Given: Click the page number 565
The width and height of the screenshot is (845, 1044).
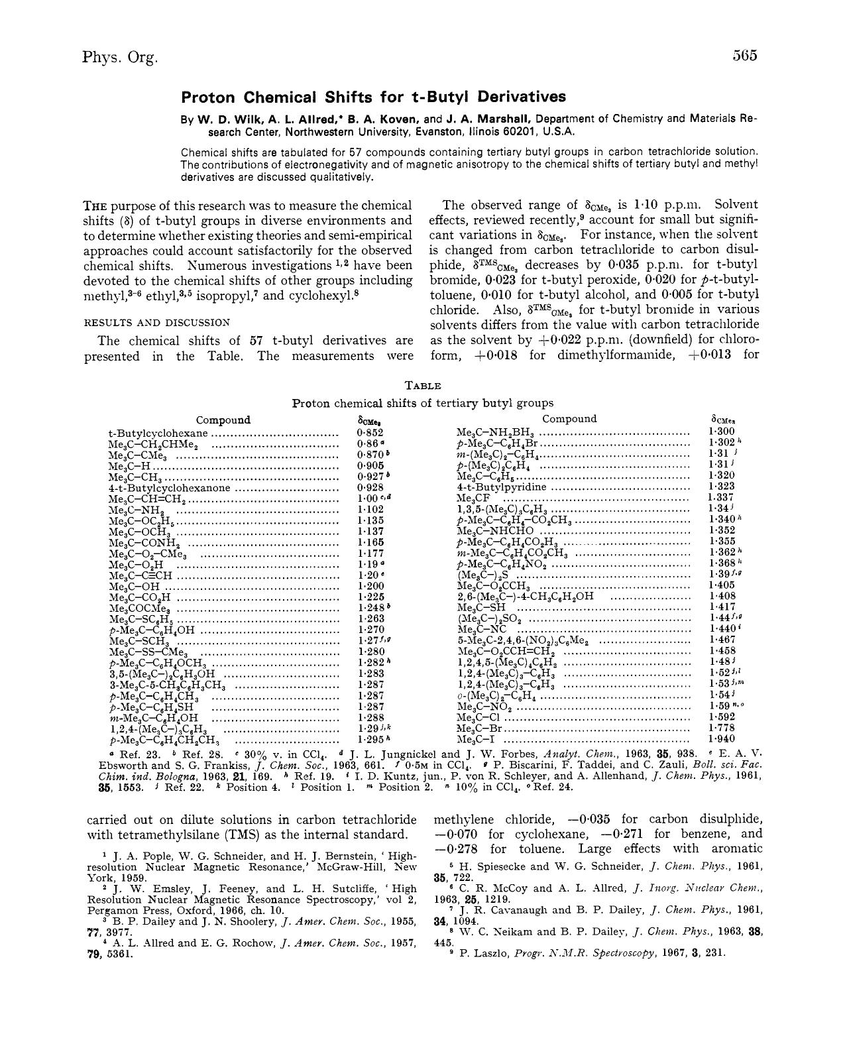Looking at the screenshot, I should [745, 56].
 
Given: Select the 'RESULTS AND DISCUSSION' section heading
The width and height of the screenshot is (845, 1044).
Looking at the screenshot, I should [156, 323].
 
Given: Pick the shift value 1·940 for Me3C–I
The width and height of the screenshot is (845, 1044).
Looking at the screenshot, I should [722, 738].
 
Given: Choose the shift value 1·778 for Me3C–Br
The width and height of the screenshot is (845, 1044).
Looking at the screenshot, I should [722, 727].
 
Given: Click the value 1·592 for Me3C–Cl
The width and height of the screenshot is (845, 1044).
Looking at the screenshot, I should [722, 717].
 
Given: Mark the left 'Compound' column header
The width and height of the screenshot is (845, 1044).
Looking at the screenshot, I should [223, 420].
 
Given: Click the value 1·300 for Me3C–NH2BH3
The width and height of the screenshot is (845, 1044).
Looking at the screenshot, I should [722, 432].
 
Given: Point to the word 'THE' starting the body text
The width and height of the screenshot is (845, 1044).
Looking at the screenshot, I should [97, 206].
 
